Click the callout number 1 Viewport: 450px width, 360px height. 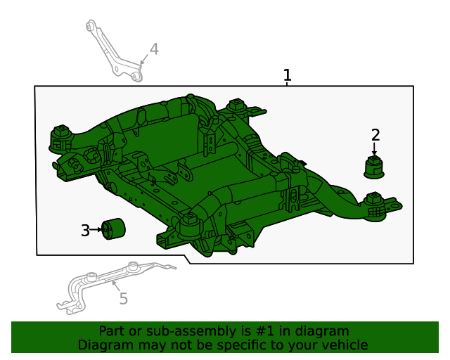pyautogui.click(x=288, y=75)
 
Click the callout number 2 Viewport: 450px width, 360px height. pyautogui.click(x=375, y=135)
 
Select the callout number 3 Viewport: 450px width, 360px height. pyautogui.click(x=85, y=231)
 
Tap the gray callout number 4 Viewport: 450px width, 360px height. pyautogui.click(x=154, y=49)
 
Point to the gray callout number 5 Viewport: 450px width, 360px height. pyautogui.click(x=124, y=299)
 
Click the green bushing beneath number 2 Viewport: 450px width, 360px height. pyautogui.click(x=374, y=167)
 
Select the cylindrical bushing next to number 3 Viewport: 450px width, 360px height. pyautogui.click(x=113, y=229)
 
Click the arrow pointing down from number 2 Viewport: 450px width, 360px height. pyautogui.click(x=374, y=149)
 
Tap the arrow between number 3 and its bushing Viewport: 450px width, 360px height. pyautogui.click(x=96, y=230)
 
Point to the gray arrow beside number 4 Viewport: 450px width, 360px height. pyautogui.click(x=143, y=60)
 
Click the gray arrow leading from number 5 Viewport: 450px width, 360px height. pyautogui.click(x=115, y=286)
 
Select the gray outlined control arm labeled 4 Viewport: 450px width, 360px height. pyautogui.click(x=114, y=51)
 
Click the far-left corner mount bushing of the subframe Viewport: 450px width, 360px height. pyautogui.click(x=61, y=139)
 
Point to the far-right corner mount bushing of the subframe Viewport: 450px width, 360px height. pyautogui.click(x=374, y=207)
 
